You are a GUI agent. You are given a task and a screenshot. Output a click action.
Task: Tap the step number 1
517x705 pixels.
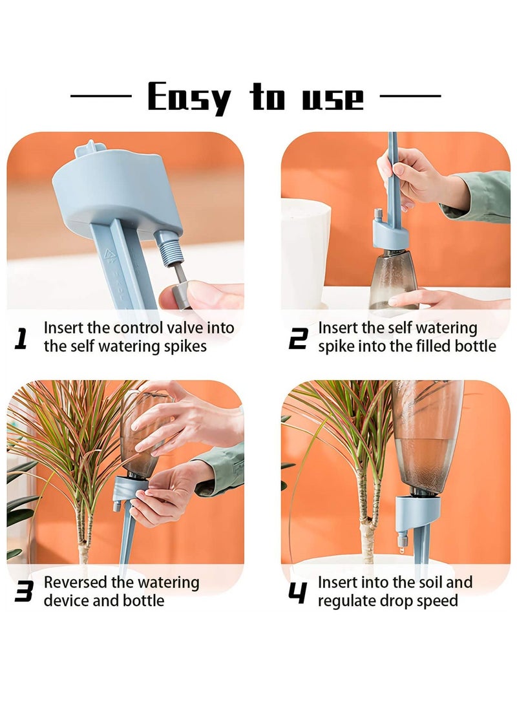(21, 339)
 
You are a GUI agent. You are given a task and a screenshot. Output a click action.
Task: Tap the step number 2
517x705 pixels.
(297, 339)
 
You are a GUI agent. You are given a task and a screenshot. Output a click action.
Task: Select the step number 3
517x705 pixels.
(23, 592)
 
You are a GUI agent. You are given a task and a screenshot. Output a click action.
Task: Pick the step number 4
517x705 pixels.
(297, 592)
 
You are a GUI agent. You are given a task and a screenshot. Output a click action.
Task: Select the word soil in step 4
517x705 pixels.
(426, 582)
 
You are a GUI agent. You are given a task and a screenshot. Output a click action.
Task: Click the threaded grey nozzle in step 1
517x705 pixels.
(170, 248)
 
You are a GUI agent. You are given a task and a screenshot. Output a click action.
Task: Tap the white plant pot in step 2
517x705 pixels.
(304, 252)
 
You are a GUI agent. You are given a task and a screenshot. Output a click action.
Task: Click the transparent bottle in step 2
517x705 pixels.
(392, 275)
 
